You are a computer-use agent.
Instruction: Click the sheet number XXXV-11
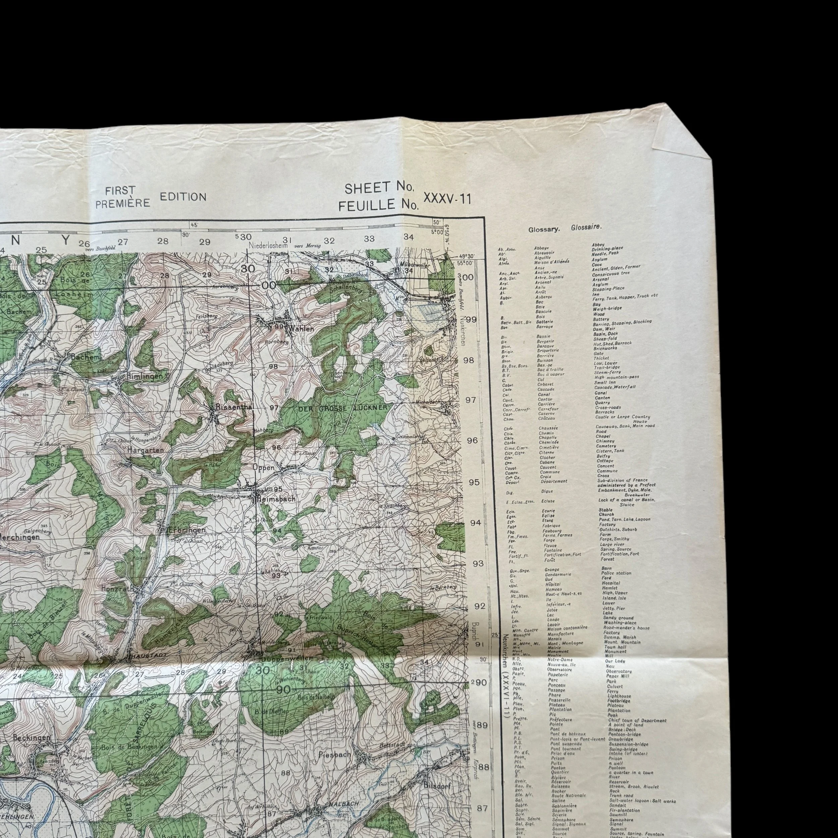tap(446, 199)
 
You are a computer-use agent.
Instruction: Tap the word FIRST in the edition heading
tap(120, 190)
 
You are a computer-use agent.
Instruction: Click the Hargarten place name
tap(145, 450)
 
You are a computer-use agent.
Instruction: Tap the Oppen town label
tap(264, 467)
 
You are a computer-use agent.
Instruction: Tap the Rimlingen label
tap(144, 376)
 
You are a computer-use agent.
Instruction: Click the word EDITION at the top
tap(183, 196)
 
